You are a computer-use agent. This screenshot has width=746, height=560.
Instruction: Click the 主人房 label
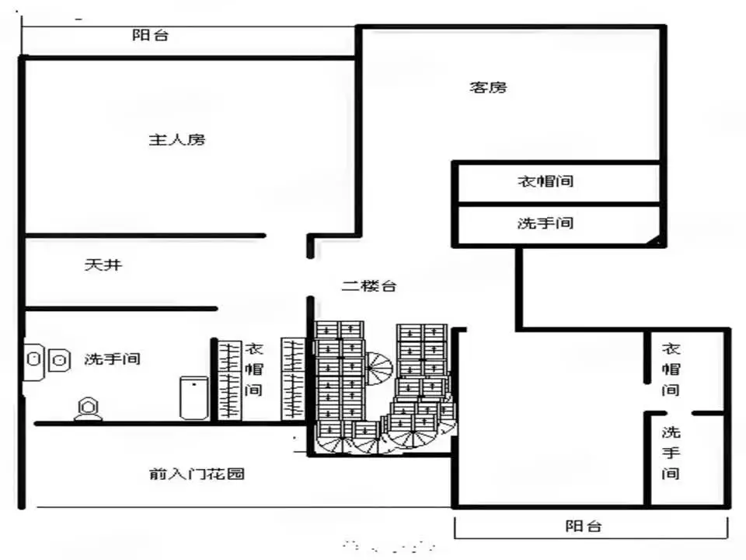point(177,140)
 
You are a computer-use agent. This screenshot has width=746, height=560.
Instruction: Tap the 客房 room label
point(488,88)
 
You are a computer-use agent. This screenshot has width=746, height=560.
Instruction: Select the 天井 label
point(103,264)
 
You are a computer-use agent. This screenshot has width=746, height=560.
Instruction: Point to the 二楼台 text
point(369,285)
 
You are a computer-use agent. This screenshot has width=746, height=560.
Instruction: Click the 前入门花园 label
point(197,474)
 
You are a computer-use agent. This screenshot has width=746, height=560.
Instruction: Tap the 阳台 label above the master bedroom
point(150,35)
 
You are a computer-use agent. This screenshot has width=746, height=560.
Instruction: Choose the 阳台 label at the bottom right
point(584,527)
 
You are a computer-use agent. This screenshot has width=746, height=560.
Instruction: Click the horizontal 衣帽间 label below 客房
point(546,181)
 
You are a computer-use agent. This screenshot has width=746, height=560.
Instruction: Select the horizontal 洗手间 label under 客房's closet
point(546,223)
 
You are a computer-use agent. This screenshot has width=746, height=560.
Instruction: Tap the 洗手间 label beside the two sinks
point(112,359)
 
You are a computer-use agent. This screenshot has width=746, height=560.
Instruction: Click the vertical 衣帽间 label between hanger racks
point(254,369)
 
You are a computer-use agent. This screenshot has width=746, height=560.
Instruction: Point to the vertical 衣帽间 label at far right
point(671,369)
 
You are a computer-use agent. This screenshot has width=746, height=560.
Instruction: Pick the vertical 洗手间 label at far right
point(671,453)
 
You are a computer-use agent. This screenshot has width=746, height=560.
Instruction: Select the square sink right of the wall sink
point(59,360)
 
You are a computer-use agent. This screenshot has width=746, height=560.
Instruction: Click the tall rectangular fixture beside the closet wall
point(193,397)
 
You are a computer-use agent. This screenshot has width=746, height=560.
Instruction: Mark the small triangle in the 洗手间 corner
point(654,240)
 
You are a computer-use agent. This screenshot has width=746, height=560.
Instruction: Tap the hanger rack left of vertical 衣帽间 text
point(229,380)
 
